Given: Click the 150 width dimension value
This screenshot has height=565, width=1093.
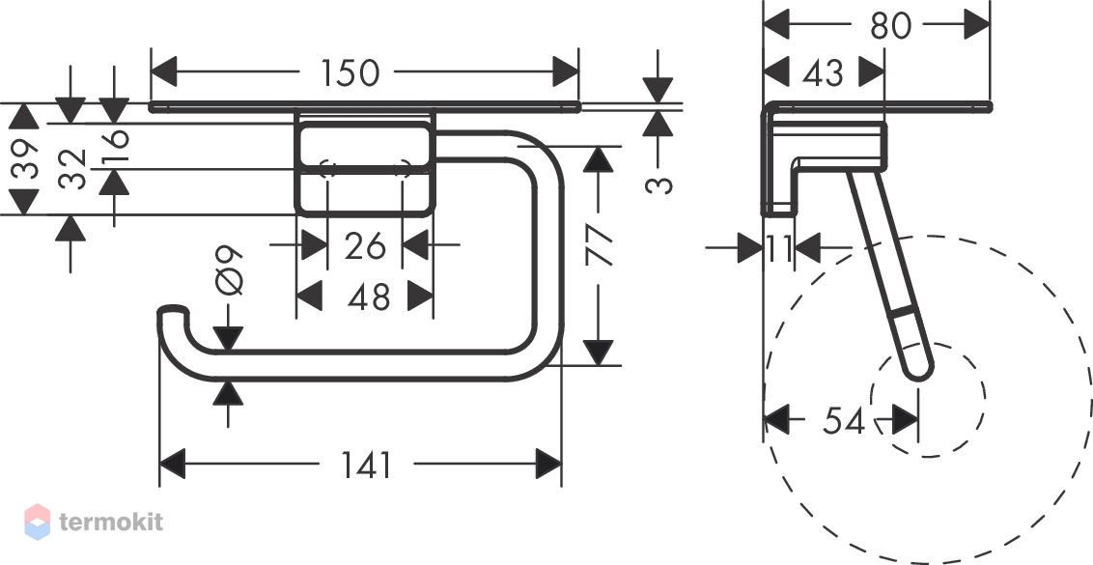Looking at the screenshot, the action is click(350, 72).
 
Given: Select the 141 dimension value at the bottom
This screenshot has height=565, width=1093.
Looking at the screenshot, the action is click(367, 466).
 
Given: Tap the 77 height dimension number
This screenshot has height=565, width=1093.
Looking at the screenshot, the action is click(599, 245).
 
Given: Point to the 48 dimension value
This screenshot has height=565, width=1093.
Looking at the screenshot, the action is click(369, 297).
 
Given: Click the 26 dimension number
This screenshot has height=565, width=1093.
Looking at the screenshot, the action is click(365, 245).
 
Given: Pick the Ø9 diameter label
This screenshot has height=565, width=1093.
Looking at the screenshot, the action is click(230, 270).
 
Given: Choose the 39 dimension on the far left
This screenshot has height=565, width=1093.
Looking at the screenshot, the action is click(24, 159).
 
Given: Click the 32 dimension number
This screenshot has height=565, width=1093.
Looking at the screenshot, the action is click(72, 170).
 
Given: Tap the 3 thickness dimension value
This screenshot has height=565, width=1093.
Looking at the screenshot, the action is click(659, 184).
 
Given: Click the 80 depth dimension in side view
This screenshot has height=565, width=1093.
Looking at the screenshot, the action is click(891, 26).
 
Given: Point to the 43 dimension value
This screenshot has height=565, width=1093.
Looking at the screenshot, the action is click(824, 72).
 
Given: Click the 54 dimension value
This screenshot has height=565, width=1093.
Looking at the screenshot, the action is click(844, 420).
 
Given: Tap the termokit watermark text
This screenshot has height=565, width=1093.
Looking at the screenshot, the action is click(111, 522).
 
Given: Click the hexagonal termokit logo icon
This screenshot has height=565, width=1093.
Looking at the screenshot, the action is click(37, 522).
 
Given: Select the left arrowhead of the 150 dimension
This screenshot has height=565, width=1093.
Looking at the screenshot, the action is click(163, 71).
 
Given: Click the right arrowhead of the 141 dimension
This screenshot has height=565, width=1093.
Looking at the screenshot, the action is click(548, 465).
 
